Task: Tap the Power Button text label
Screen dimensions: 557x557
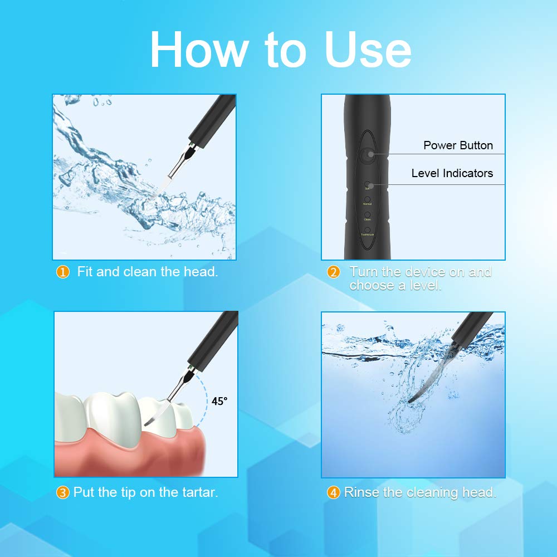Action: pos(458,145)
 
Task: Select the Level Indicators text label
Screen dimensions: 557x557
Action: pos(452,173)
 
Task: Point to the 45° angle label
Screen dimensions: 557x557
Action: pos(219,401)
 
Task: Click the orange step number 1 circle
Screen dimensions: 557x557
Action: pos(63,272)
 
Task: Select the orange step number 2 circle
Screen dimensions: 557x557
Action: pos(334,272)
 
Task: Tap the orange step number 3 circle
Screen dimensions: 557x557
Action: pos(63,493)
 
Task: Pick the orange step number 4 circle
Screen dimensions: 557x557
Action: pos(334,493)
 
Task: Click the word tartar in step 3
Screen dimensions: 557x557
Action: pos(198,492)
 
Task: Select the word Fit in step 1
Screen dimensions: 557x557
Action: pos(85,272)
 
